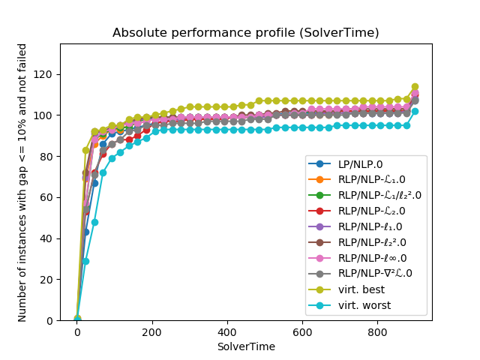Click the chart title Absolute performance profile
coord(245,33)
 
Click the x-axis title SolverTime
coord(245,346)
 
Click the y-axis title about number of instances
coord(22,182)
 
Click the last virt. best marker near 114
coord(415,87)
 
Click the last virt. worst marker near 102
coord(415,111)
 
